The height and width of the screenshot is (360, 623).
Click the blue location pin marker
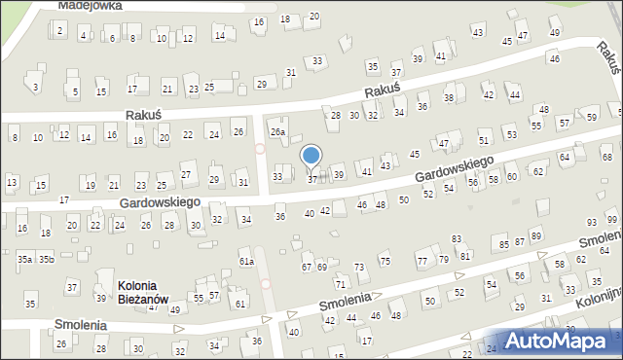[x=311, y=156]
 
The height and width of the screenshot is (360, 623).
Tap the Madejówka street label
[x=90, y=5]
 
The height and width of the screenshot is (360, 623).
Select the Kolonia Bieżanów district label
[x=143, y=292]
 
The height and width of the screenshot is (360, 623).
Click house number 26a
[x=278, y=131]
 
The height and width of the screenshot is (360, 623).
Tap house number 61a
[x=246, y=261]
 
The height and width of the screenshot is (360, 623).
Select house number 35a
[x=25, y=259]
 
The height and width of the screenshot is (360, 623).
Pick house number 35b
[x=46, y=259]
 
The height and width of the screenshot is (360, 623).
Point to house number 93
[x=592, y=224]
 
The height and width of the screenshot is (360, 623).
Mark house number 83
[x=456, y=239]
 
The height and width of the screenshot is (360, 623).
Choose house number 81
[x=466, y=256]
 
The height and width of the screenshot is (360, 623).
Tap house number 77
[x=421, y=262]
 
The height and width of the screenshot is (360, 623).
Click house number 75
[x=385, y=261]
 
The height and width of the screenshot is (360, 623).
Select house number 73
[x=358, y=267]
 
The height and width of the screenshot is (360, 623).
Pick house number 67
[x=307, y=267]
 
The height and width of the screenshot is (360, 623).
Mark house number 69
[x=322, y=267]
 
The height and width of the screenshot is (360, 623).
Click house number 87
[x=521, y=240]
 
